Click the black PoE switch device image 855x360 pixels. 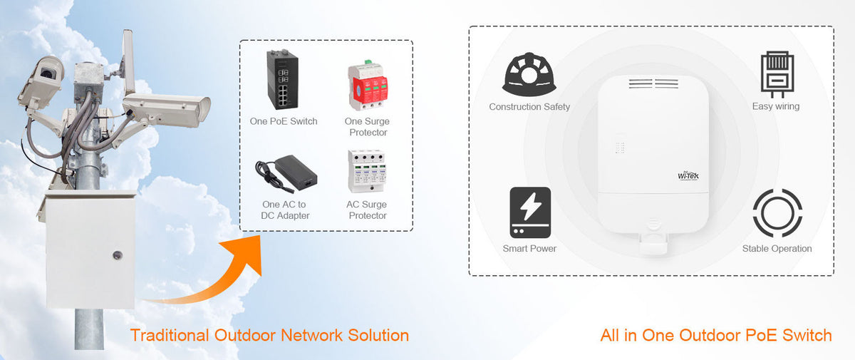pyautogui.click(x=282, y=79)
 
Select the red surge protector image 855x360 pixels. pyautogui.click(x=368, y=85)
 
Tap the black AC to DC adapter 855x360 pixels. pyautogui.click(x=286, y=174)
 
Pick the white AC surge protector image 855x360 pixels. pyautogui.click(x=367, y=171)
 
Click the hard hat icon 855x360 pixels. pyautogui.click(x=529, y=74)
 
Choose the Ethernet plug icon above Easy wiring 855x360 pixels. pyautogui.click(x=777, y=74)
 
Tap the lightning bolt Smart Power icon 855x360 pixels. pyautogui.click(x=530, y=212)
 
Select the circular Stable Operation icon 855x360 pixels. pyautogui.click(x=777, y=213)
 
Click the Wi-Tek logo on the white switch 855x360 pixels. pyautogui.click(x=688, y=175)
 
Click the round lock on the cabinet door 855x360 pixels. pyautogui.click(x=117, y=255)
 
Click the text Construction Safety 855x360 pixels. pyautogui.click(x=529, y=107)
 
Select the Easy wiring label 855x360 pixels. pyautogui.click(x=776, y=106)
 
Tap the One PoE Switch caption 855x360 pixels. pyautogui.click(x=284, y=121)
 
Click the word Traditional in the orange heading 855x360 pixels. pyautogui.click(x=170, y=336)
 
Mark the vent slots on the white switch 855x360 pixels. pyautogui.click(x=653, y=83)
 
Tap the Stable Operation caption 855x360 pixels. pyautogui.click(x=777, y=249)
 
